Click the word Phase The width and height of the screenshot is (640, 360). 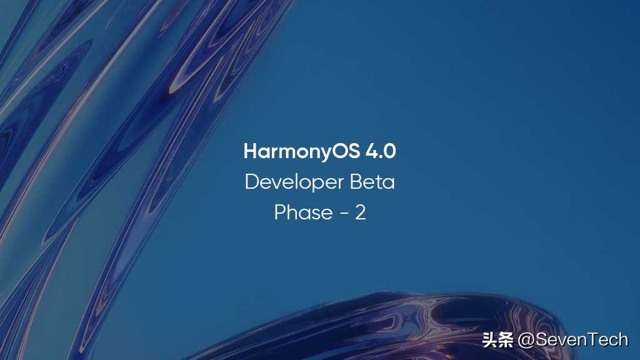[303, 212]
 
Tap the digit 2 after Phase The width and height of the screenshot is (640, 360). [361, 212]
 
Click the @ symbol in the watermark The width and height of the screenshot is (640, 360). [526, 340]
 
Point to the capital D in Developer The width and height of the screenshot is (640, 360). [251, 182]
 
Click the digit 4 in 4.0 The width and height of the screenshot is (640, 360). [371, 152]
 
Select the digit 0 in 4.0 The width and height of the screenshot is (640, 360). [389, 152]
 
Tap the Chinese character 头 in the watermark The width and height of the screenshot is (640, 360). [489, 340]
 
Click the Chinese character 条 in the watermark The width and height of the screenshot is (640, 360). [506, 340]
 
